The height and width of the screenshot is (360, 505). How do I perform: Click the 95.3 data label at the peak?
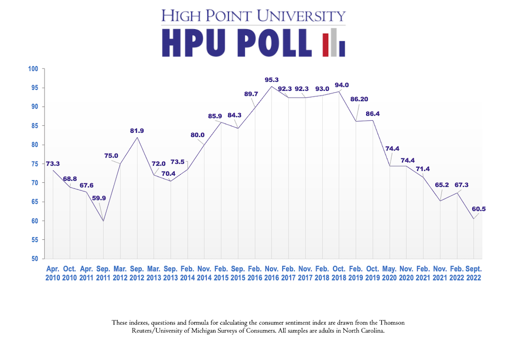(272, 80)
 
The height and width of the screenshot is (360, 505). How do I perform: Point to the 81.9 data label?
(137, 131)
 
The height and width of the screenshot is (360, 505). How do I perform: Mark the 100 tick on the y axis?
(34, 69)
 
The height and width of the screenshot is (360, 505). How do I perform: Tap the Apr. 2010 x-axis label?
(53, 273)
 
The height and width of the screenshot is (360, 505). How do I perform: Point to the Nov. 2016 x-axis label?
(272, 273)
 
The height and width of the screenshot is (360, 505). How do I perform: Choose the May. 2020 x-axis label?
(389, 273)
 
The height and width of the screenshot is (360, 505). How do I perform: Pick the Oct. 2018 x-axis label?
(339, 273)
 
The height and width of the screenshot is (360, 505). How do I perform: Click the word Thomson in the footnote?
(391, 323)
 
